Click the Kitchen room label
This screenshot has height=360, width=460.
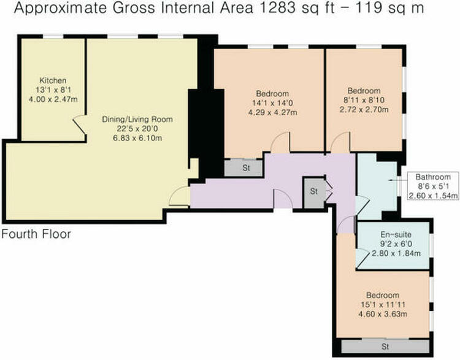(53, 80)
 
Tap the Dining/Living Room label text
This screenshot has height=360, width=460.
(137, 120)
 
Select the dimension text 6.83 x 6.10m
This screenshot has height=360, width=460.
(137, 138)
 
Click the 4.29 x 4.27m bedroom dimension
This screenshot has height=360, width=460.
(272, 112)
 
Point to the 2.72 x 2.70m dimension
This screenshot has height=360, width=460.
(364, 109)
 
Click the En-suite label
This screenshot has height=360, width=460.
(396, 235)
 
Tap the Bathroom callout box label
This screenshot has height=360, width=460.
(433, 177)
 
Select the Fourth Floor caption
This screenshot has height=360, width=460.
(36, 234)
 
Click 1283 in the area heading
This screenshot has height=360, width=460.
(277, 8)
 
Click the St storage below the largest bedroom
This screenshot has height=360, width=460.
(246, 168)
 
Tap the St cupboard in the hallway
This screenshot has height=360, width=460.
(314, 191)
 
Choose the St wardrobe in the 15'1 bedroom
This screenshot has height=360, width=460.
(385, 347)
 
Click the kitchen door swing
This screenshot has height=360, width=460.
(79, 124)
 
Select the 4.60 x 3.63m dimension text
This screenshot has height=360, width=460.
(383, 314)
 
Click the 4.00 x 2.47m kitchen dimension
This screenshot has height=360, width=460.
(53, 99)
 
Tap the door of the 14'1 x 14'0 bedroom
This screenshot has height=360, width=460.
(280, 143)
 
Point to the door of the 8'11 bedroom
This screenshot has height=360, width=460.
(340, 143)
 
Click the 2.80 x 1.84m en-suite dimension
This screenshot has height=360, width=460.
(396, 253)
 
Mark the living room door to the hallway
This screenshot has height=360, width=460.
(179, 196)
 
